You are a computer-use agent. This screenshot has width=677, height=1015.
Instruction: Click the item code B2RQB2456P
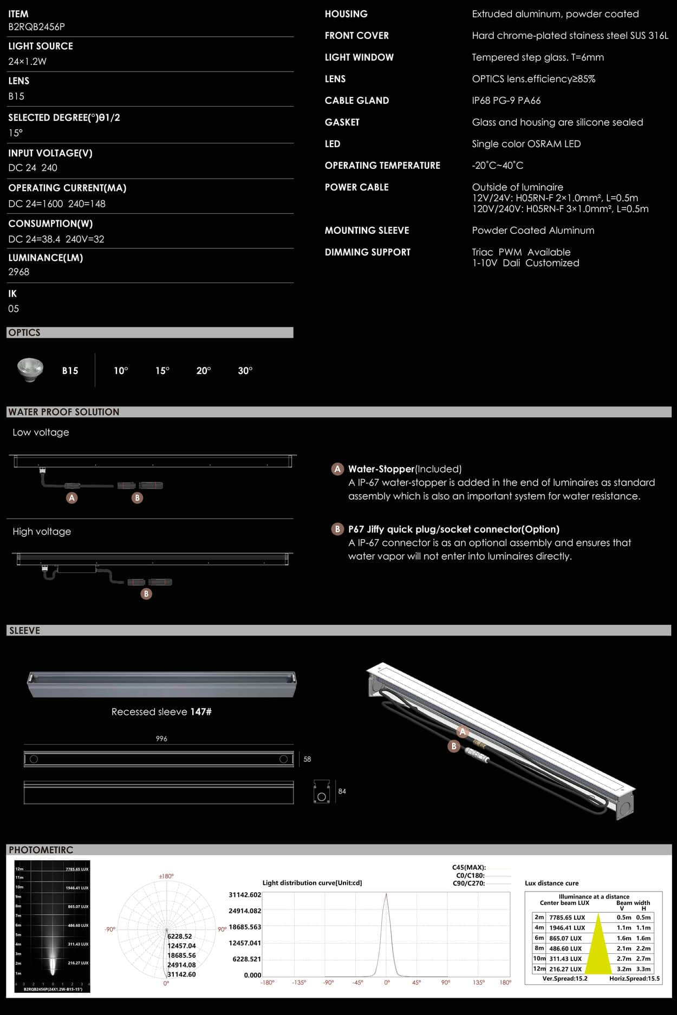tap(36, 27)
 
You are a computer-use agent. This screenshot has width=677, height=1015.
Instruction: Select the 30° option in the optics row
tap(245, 371)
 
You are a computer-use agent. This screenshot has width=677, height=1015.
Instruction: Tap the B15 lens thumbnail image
tap(30, 370)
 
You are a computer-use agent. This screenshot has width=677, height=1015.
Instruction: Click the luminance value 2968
tap(19, 272)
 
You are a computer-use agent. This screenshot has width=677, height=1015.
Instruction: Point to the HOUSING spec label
tap(346, 14)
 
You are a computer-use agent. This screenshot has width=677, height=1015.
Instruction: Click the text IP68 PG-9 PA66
tap(506, 101)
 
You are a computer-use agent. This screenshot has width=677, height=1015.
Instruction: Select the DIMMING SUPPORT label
tap(367, 252)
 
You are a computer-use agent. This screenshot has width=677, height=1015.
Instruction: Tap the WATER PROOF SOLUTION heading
tap(64, 412)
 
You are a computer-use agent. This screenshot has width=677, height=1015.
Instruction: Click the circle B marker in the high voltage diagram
tap(146, 594)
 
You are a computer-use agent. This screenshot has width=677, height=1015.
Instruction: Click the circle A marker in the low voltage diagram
tap(72, 497)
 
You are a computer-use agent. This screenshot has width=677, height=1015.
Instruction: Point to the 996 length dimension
tap(161, 738)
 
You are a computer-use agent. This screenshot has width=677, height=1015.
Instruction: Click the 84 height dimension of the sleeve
tap(342, 791)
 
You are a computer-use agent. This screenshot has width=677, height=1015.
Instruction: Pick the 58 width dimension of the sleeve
tap(307, 759)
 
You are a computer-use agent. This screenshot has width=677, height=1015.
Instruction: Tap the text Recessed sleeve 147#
tap(161, 712)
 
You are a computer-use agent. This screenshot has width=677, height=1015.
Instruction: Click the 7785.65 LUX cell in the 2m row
tap(567, 918)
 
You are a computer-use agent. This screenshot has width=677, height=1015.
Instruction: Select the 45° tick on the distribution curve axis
tap(416, 982)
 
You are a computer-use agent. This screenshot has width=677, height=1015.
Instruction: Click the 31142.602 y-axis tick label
tap(245, 895)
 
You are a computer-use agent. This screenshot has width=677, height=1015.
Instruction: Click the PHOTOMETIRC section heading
tap(41, 850)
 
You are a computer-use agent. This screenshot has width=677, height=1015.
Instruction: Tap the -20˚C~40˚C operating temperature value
tap(497, 166)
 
